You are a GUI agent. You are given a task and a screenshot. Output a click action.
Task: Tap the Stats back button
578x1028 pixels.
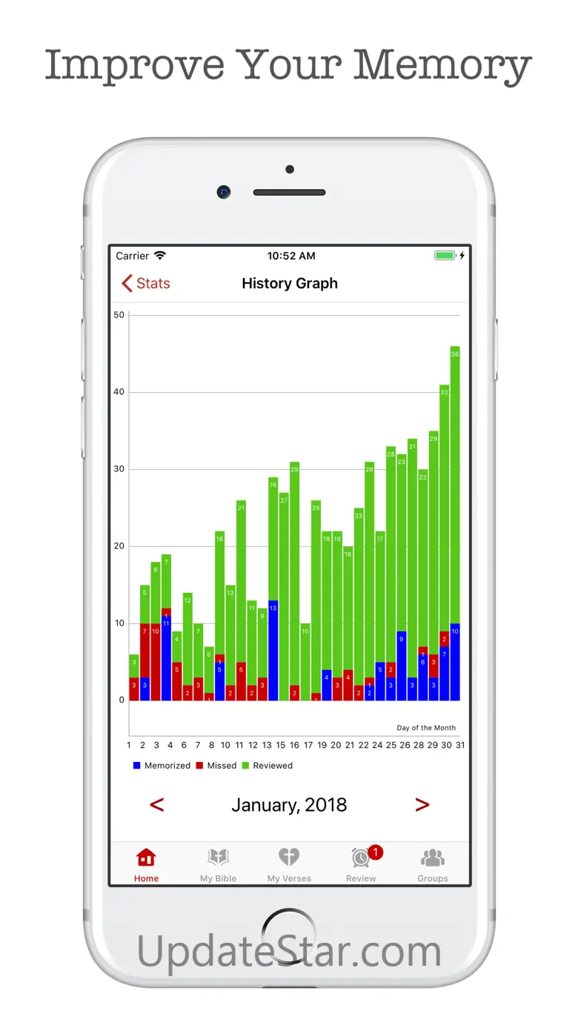[146, 283]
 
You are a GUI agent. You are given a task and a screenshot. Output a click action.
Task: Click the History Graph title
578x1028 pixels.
[290, 283]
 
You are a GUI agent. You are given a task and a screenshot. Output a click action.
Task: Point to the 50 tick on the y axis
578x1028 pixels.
[119, 315]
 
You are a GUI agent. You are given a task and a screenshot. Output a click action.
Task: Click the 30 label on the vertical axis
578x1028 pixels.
[119, 469]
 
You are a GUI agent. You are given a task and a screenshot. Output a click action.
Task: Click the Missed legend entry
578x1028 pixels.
[216, 766]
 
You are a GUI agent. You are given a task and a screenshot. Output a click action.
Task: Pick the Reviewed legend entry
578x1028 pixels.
[268, 766]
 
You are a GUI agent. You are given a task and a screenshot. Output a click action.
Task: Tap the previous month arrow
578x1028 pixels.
[157, 805]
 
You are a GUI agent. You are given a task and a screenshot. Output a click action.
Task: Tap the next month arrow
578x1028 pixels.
[422, 805]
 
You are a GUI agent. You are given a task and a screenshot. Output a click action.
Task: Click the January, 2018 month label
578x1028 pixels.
[289, 805]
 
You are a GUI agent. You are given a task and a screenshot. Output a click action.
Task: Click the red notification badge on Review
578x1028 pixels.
[376, 852]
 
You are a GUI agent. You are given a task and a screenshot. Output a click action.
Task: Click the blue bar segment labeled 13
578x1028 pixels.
[273, 651]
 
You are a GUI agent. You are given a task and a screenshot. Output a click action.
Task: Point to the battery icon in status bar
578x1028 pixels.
[445, 256]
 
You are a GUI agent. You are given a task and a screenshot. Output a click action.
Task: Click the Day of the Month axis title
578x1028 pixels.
[426, 728]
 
